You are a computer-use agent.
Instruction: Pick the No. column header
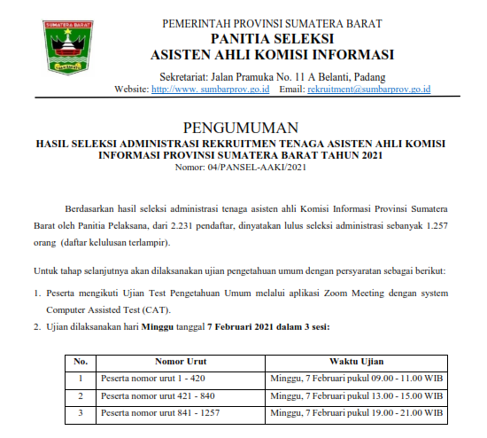pos(81,362)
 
